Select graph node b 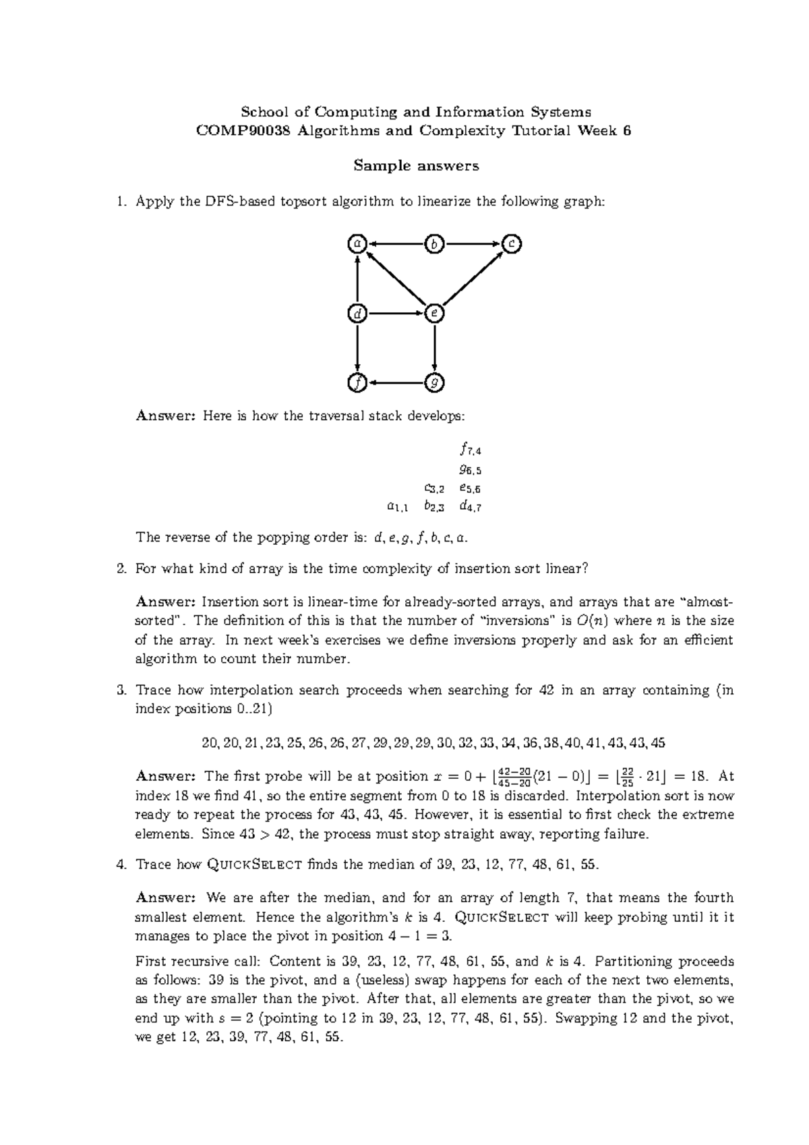tap(435, 243)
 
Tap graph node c tap(512, 243)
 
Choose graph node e tap(435, 314)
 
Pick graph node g tap(435, 383)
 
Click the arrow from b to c tap(473, 243)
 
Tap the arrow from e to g tap(435, 348)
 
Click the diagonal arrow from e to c tap(473, 278)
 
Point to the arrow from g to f tap(396, 383)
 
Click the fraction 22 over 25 tap(627, 776)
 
